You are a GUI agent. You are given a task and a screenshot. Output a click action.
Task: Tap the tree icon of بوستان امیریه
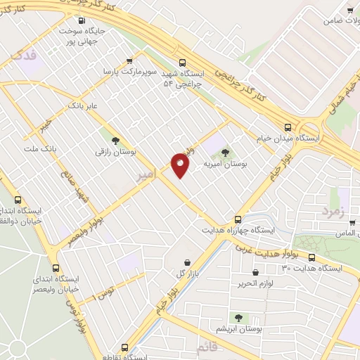225,151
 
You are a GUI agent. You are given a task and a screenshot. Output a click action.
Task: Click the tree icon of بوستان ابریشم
238,317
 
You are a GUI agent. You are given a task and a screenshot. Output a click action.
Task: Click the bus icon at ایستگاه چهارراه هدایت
238,219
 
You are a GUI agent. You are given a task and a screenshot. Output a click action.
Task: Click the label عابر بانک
80,106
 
